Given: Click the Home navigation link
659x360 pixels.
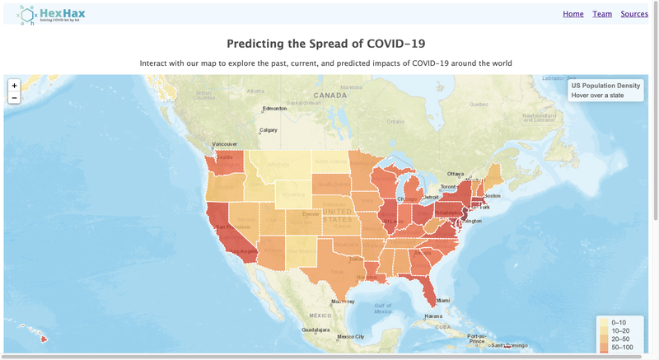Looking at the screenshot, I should click(x=573, y=14).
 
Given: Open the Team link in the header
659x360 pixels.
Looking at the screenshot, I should click(x=602, y=14).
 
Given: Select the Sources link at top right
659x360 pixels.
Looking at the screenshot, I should click(x=634, y=14).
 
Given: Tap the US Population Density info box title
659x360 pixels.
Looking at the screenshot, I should click(x=605, y=86).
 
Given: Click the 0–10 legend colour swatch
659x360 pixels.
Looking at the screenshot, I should click(x=604, y=322).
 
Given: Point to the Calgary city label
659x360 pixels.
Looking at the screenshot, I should click(x=269, y=129).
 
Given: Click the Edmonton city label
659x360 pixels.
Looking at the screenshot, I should click(x=274, y=109).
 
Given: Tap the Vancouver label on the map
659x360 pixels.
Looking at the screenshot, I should click(x=224, y=144).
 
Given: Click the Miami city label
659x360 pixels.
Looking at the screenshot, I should click(x=443, y=301).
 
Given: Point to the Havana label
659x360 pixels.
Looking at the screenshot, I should click(x=433, y=316).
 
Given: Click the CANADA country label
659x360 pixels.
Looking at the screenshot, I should click(x=330, y=96).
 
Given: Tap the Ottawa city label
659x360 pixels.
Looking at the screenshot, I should click(x=456, y=174).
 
